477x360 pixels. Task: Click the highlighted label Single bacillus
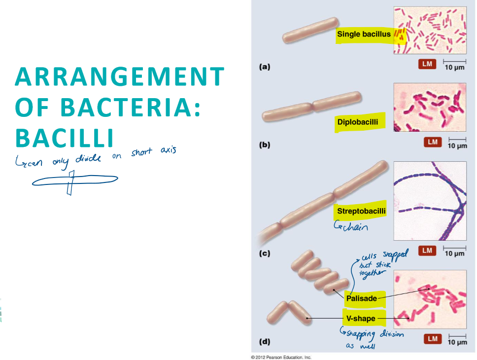click(364, 35)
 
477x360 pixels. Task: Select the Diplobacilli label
click(358, 122)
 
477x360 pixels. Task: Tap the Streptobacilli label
click(361, 212)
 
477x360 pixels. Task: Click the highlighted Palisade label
click(361, 298)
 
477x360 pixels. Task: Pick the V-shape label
click(361, 319)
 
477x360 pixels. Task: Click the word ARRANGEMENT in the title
click(120, 78)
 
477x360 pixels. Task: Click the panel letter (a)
click(265, 67)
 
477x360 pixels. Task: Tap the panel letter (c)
click(265, 254)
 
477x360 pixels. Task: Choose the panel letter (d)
click(265, 341)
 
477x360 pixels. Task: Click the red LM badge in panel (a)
click(427, 64)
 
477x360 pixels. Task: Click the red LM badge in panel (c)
click(427, 251)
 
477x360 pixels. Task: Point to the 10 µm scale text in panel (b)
click(457, 146)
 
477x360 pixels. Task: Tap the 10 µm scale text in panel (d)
click(457, 342)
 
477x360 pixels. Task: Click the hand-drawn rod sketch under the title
click(74, 181)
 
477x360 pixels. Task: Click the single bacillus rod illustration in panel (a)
click(310, 31)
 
